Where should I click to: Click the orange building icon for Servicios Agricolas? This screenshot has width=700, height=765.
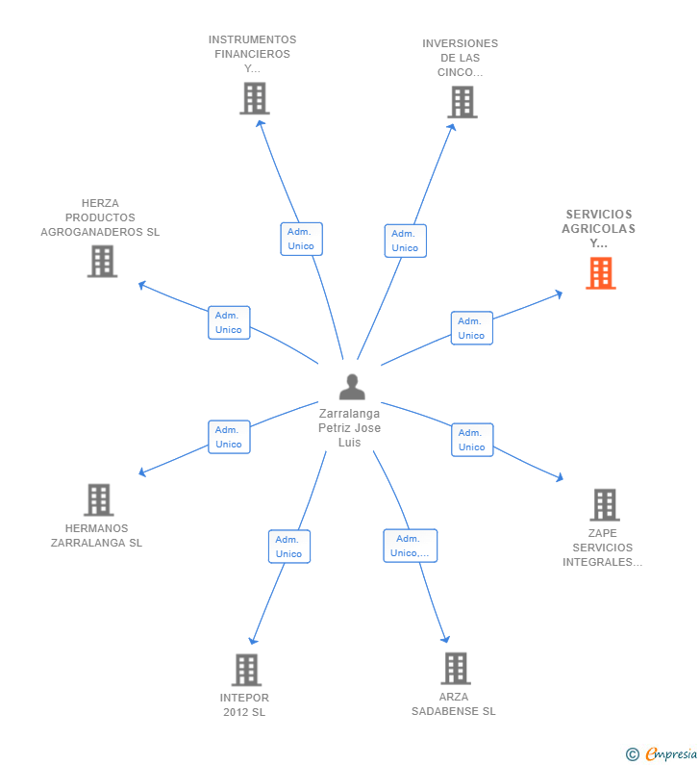601,273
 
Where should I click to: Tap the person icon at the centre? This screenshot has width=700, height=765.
352,387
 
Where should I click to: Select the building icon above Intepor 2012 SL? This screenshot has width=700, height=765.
246,670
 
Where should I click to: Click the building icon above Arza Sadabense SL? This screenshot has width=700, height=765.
455,668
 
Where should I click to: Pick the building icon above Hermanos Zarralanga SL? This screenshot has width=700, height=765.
99,499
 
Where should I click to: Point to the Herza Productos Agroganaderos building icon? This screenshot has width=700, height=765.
102,261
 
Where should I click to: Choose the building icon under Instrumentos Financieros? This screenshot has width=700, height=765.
254,98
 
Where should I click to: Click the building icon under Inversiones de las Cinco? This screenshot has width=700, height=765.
462,102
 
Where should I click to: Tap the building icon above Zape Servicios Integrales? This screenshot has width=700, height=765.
604,504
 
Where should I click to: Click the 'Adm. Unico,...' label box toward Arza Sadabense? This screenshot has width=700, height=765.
410,546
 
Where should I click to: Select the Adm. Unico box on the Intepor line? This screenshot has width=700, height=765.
288,547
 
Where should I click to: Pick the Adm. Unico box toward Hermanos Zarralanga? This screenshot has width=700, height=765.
229,437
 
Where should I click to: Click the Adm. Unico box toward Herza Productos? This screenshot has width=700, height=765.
229,322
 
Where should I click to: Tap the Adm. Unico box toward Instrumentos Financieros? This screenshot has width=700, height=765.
301,239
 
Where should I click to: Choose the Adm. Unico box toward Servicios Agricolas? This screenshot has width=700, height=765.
471,328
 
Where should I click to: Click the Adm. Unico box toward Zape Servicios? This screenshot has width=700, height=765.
471,440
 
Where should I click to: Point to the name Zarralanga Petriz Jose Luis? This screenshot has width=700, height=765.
350,427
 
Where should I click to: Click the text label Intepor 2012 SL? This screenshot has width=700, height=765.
244,704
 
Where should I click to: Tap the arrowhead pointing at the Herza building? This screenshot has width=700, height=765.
141,284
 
